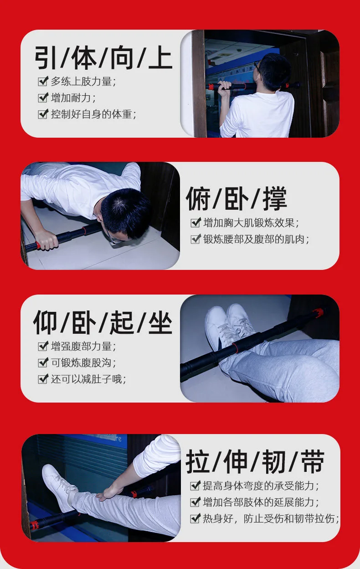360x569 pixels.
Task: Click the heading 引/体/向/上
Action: click(x=103, y=57)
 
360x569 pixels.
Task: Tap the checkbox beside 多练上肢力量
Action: click(x=43, y=82)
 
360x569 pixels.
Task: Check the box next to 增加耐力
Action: click(x=43, y=98)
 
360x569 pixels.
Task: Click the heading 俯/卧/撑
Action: click(x=237, y=199)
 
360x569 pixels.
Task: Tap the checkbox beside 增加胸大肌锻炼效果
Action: click(x=195, y=223)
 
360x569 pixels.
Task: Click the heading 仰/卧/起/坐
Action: click(x=103, y=322)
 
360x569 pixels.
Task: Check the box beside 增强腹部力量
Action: click(x=43, y=346)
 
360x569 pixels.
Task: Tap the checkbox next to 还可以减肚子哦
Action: click(x=43, y=379)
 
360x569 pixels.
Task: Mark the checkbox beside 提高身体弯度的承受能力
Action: click(x=195, y=486)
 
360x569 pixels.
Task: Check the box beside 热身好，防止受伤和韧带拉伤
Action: click(x=195, y=518)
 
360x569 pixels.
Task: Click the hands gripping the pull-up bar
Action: click(x=225, y=88)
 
